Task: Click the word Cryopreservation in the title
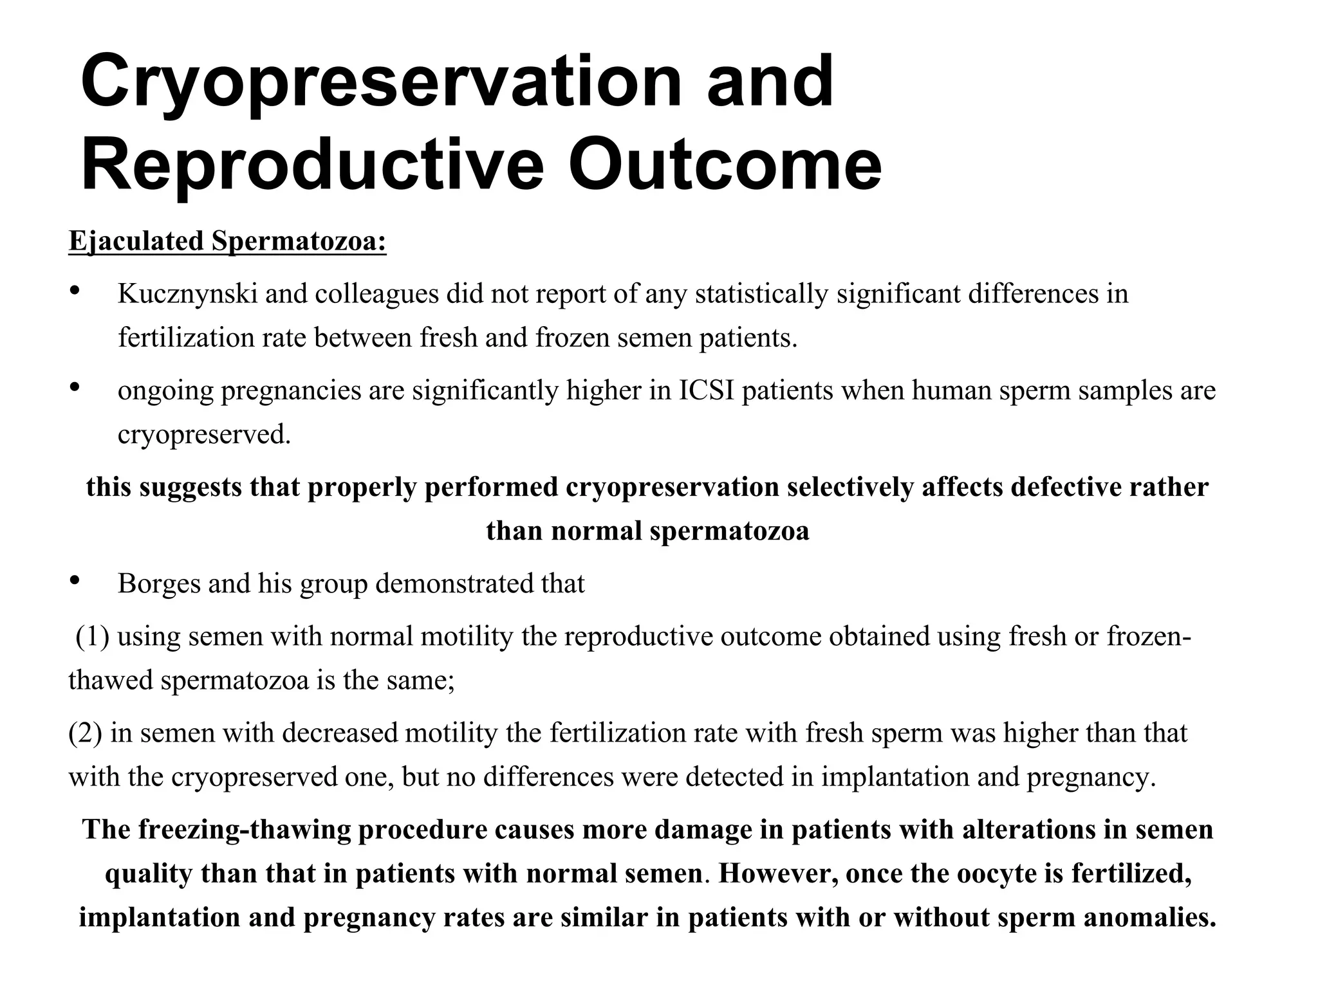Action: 380,84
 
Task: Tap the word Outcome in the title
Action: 725,165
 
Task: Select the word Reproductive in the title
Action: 312,165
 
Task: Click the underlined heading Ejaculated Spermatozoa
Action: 227,241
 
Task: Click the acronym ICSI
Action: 707,390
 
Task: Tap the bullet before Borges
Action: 74,581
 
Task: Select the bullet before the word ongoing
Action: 74,387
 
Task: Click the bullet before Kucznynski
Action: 74,291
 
